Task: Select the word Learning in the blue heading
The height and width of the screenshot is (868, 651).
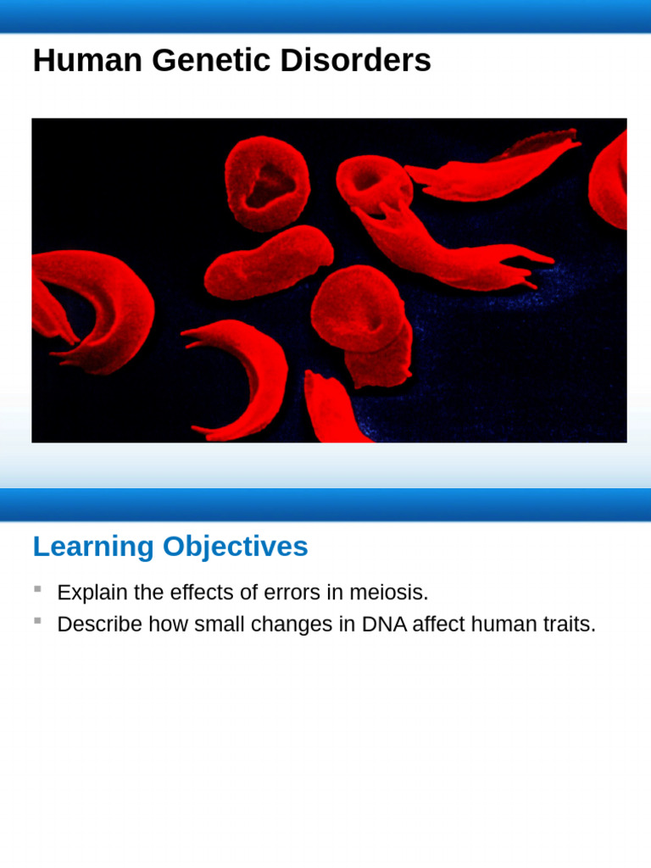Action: tap(93, 548)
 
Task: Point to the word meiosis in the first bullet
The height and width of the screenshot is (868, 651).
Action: tap(386, 593)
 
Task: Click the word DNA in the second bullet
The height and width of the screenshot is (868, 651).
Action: tap(384, 625)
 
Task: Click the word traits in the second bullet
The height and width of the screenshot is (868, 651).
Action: tap(570, 625)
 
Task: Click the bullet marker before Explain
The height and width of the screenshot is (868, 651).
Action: tap(37, 589)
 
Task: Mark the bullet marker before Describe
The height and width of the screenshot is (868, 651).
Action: tap(37, 621)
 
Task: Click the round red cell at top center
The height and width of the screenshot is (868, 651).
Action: tap(266, 182)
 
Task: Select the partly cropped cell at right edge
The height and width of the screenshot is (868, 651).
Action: tap(612, 182)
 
